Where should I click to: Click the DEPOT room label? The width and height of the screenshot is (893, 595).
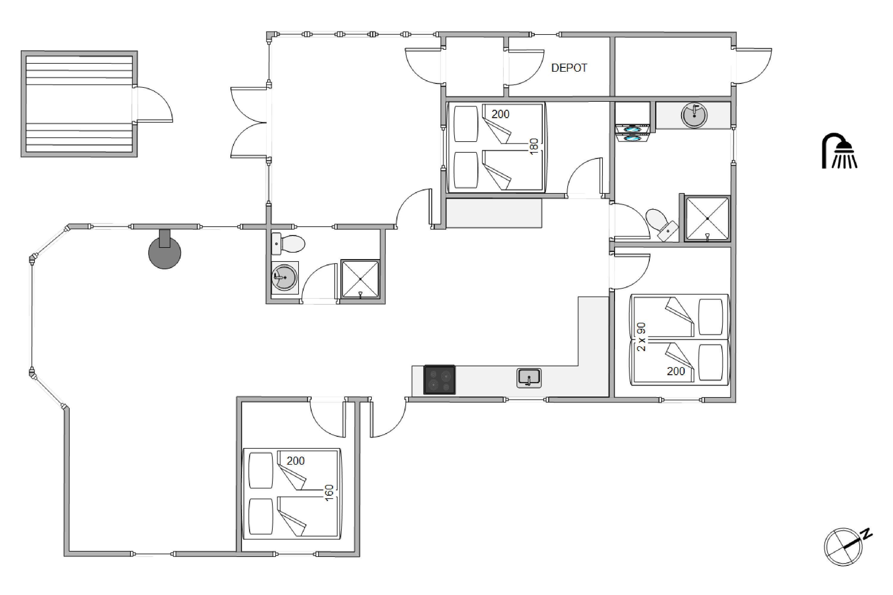click(569, 68)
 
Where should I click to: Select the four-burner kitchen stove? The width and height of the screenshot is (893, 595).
click(439, 380)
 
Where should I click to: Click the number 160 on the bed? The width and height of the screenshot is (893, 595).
click(329, 493)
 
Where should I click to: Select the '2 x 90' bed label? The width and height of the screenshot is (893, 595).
click(641, 337)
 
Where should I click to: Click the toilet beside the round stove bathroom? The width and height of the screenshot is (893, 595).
click(289, 244)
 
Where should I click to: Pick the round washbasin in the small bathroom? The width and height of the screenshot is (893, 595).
click(284, 277)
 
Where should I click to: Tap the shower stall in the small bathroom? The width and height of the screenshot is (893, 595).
click(360, 279)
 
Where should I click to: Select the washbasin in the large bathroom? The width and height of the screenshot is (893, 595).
click(694, 115)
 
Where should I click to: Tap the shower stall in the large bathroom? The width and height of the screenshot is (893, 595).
click(707, 219)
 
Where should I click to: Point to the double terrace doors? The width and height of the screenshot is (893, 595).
click(249, 123)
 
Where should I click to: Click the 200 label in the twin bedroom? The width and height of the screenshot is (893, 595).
click(676, 371)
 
